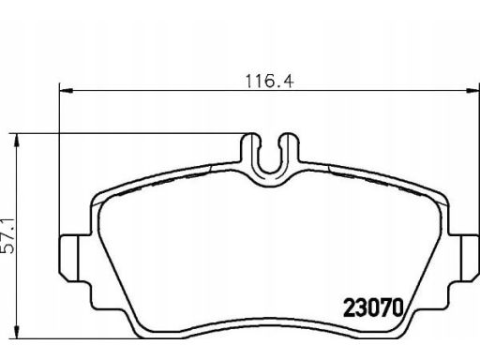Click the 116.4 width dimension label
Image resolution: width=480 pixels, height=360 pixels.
click(269, 82)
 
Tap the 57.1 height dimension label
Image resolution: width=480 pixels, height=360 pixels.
click(8, 236)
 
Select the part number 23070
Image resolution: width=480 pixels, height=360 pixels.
click(374, 307)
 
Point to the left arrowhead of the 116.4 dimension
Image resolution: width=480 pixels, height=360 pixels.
click(66, 91)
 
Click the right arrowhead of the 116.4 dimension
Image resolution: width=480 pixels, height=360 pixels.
click(472, 91)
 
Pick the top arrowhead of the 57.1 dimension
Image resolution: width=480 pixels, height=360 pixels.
click(16, 140)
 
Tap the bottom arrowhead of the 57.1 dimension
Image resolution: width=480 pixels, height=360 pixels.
click(16, 332)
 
